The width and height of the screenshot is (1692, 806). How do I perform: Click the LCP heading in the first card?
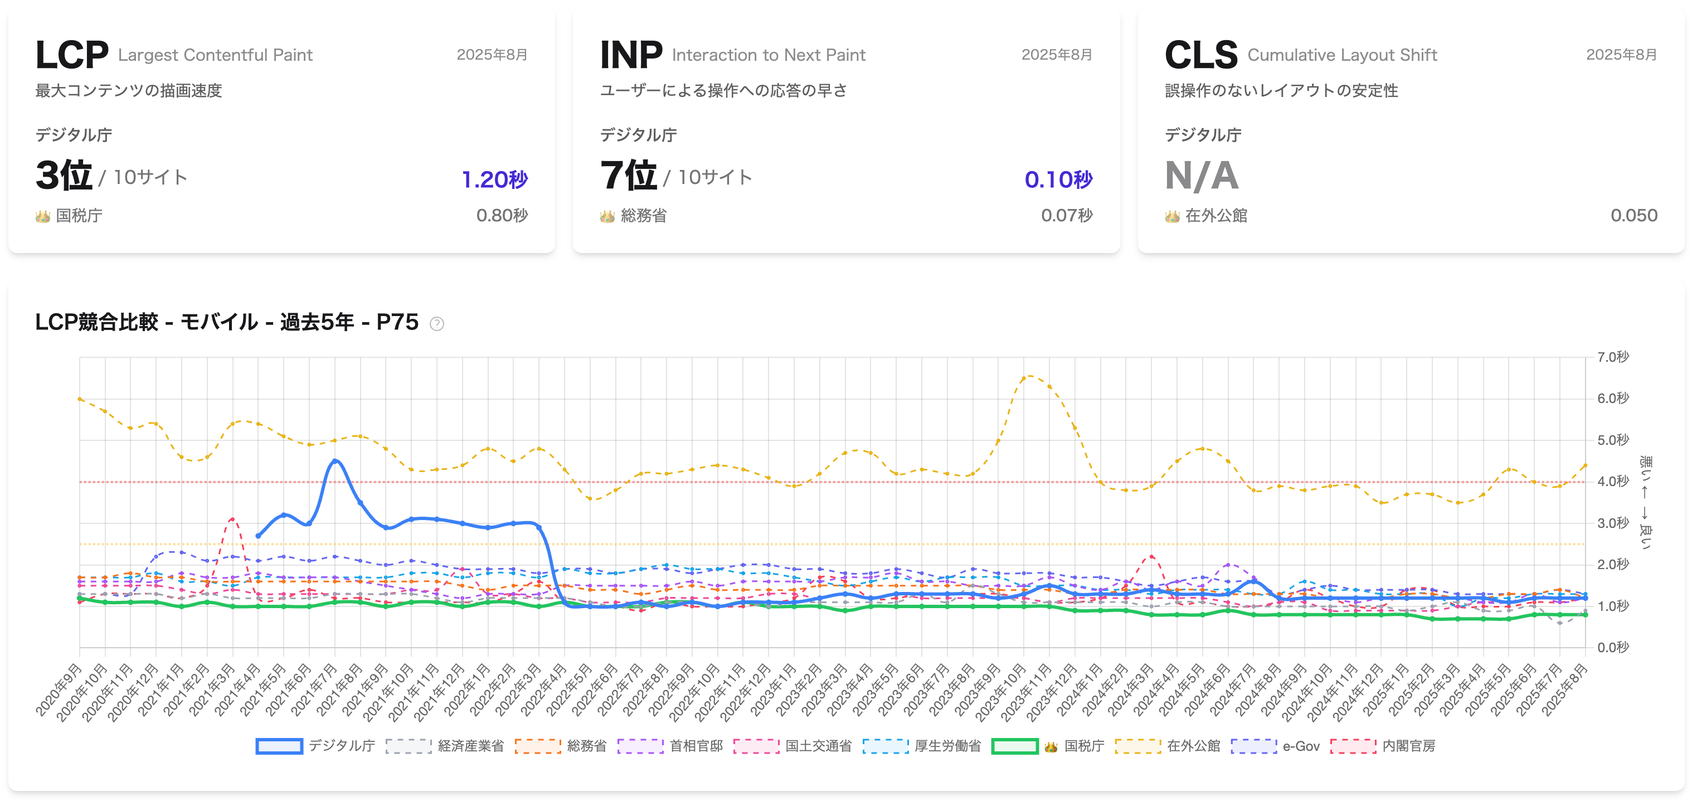71,55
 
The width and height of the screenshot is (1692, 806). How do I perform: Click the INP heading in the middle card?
630,55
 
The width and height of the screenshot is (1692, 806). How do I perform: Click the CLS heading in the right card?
1200,55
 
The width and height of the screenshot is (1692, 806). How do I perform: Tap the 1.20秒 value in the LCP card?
494,179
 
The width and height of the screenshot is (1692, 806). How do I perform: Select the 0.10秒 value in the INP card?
1058,179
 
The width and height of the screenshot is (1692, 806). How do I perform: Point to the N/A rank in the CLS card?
1202,176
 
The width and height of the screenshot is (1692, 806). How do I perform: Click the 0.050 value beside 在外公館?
1633,216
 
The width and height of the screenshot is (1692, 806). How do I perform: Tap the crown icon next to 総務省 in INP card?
607,216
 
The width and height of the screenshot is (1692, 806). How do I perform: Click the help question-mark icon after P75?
437,323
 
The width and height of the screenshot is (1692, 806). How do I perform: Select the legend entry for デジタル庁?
316,746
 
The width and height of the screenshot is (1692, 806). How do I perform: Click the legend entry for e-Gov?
1276,746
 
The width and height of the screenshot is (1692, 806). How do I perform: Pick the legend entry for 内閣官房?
1383,746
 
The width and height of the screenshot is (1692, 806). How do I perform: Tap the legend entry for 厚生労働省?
922,746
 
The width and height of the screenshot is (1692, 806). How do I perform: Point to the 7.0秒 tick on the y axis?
1612,357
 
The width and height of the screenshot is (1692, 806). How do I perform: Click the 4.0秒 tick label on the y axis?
1612,482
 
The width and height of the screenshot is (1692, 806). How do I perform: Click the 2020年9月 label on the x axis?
59,689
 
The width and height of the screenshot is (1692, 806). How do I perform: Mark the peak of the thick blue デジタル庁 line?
335,460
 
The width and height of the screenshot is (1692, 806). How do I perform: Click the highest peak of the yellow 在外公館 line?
1029,376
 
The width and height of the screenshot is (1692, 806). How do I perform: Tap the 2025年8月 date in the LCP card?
492,55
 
